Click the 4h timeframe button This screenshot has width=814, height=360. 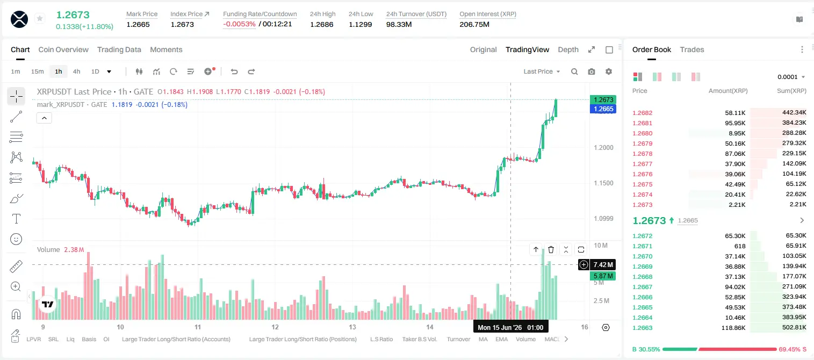(76, 71)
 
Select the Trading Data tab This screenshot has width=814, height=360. (119, 49)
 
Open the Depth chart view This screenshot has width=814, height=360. (568, 49)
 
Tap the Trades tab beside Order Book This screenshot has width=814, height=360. (692, 49)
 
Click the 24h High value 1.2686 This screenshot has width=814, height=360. (322, 24)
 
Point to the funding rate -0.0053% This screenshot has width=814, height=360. (240, 24)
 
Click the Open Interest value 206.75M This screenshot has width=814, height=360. (474, 24)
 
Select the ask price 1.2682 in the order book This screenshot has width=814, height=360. (643, 113)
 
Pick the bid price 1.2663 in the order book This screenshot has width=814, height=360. (643, 328)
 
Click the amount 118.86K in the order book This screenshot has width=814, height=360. (733, 328)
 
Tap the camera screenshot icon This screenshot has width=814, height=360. (592, 71)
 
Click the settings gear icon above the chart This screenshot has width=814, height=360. (609, 71)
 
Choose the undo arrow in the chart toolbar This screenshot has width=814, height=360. (234, 71)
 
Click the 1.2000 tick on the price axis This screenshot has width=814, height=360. (603, 147)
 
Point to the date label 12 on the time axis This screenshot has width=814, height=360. (275, 327)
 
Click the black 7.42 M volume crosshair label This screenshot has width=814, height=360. (603, 264)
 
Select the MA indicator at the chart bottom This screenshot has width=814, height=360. (483, 339)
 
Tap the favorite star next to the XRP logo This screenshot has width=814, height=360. (40, 18)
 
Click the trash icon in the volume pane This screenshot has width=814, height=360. (551, 249)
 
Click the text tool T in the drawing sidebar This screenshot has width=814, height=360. (16, 219)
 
